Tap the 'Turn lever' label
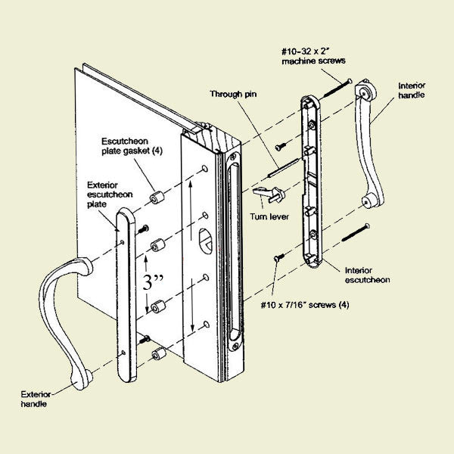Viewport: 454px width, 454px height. point(268,216)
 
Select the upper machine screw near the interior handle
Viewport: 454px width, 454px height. point(338,88)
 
